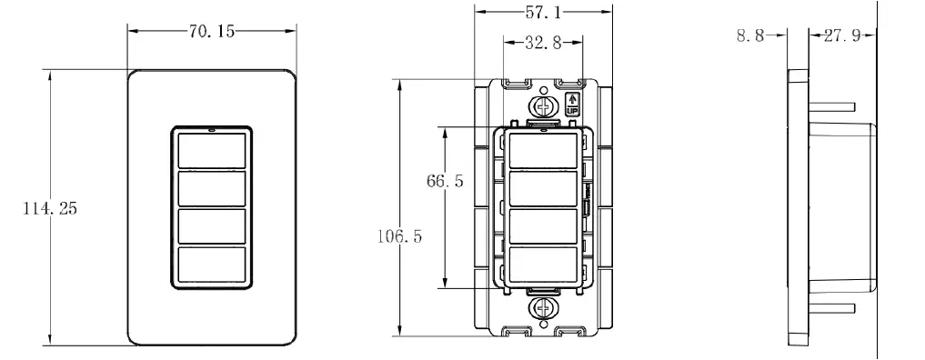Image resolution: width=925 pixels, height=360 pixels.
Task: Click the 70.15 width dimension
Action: coord(213,31)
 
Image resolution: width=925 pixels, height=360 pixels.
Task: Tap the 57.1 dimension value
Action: coord(544,13)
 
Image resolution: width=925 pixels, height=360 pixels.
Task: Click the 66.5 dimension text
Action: coord(446,181)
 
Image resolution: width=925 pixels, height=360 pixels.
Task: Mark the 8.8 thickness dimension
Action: coord(750,36)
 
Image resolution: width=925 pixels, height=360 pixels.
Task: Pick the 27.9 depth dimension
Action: coord(841,36)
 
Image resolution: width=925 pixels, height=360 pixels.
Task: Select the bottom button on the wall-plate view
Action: coord(211,265)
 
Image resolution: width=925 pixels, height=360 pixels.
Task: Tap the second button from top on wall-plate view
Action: coord(211,189)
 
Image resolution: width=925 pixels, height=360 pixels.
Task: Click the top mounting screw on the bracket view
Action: coord(544,106)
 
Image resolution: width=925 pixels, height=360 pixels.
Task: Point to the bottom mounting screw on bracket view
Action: coord(544,310)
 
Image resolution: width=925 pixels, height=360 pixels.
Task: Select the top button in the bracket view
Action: coord(543,150)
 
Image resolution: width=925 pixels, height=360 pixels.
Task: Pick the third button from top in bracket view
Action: coord(543,226)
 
